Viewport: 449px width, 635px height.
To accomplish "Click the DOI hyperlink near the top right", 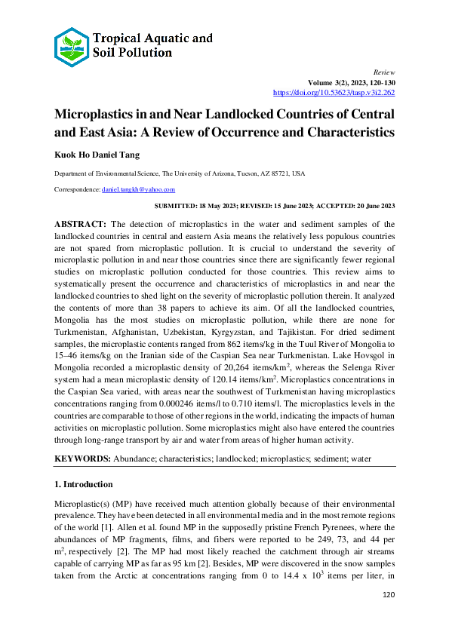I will point(334,92).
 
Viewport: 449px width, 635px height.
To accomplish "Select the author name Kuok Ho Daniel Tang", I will point(96,156).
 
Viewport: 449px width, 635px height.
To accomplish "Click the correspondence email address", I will point(138,189).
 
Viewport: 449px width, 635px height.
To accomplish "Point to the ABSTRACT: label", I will point(81,225).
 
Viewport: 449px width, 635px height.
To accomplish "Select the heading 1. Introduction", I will point(83,483).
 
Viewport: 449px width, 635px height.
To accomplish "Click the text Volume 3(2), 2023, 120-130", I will point(351,81).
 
